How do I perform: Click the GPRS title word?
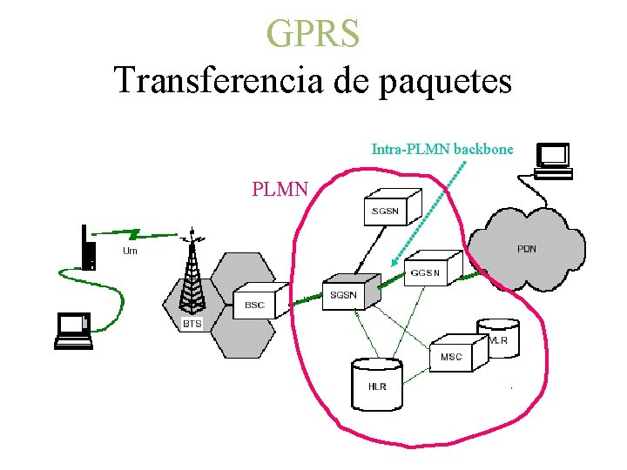[x=313, y=34]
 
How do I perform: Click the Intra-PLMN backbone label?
[x=442, y=149]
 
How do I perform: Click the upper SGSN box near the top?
[x=391, y=206]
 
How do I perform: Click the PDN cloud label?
[x=526, y=249]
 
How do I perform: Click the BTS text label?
[x=192, y=324]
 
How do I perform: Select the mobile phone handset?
[x=87, y=249]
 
